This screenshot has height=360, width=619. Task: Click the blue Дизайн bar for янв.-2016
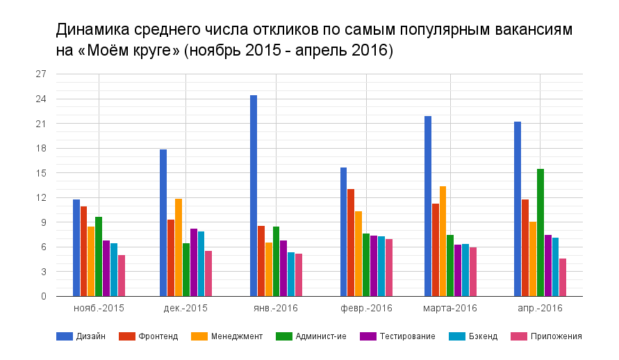pos(254,196)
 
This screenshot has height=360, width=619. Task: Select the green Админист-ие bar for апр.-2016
pos(540,233)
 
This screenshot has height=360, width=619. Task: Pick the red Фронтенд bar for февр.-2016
pos(351,243)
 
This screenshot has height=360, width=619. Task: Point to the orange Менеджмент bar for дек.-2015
pos(179,247)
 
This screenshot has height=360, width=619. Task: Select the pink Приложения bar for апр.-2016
pos(563,277)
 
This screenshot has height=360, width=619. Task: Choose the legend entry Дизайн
pos(81,336)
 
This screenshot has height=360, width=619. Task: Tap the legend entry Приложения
pos(547,336)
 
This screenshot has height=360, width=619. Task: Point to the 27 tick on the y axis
pos(41,74)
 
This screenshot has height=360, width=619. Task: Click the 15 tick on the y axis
pos(41,173)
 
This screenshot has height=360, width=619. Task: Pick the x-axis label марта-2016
pos(449,308)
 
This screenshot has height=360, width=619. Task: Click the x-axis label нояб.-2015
pos(99,308)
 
